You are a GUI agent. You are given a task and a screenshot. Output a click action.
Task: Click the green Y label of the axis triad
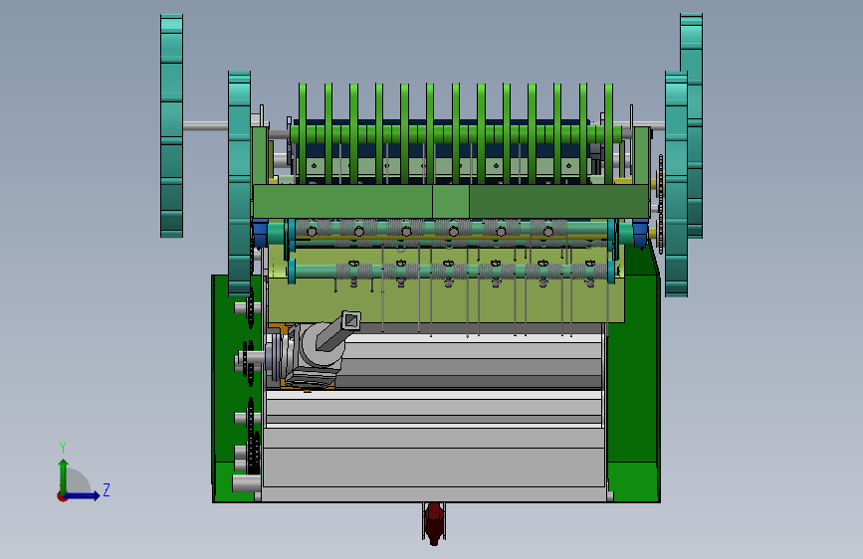(x=63, y=447)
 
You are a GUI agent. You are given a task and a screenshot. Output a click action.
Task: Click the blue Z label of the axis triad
(x=107, y=489)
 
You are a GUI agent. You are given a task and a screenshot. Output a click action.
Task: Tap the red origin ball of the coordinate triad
(x=62, y=496)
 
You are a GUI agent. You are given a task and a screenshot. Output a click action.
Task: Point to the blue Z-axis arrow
(x=83, y=495)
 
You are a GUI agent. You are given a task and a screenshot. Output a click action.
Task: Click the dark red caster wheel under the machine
(x=434, y=522)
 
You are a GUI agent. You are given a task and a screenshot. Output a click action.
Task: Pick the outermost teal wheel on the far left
(x=172, y=126)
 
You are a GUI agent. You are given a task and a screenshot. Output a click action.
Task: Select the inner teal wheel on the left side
(x=240, y=184)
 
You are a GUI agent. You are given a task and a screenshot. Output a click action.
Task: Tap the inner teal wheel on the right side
(x=676, y=184)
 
